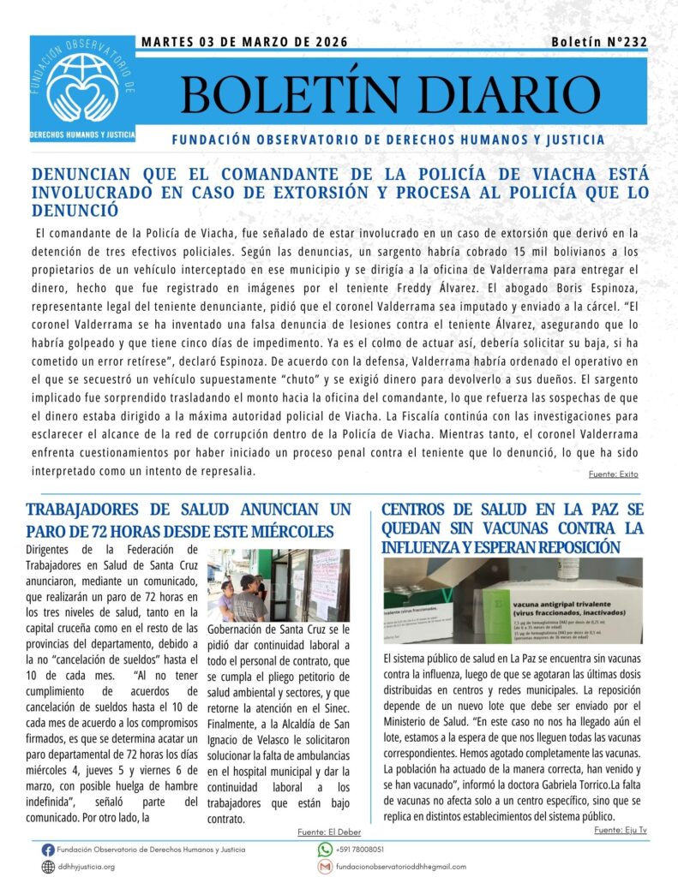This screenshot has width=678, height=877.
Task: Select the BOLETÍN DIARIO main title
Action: pyautogui.click(x=390, y=96)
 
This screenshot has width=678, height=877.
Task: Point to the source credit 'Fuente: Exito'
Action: pyautogui.click(x=613, y=474)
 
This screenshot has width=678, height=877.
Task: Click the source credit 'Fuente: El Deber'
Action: pyautogui.click(x=328, y=832)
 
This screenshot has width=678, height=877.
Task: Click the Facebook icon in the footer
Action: pyautogui.click(x=48, y=850)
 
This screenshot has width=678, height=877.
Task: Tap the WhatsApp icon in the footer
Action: pyautogui.click(x=325, y=850)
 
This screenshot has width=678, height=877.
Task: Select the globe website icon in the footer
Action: pyautogui.click(x=48, y=867)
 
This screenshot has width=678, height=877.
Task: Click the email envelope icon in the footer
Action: pyautogui.click(x=325, y=867)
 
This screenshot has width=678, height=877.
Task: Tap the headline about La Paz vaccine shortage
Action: pyautogui.click(x=512, y=528)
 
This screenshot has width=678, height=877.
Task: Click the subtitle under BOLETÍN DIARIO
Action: pyautogui.click(x=387, y=140)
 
